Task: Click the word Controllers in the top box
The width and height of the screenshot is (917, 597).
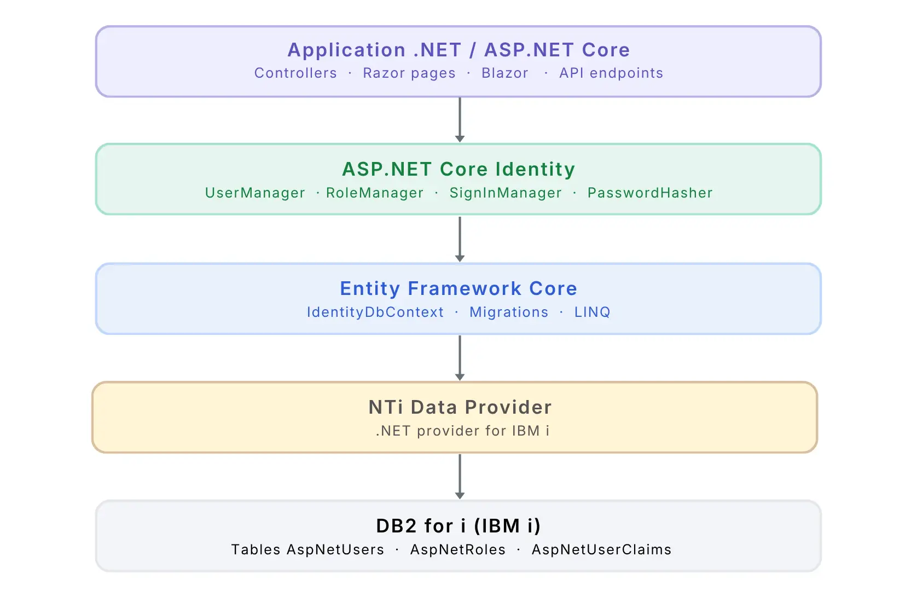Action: [295, 73]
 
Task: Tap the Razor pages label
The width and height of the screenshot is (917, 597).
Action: [409, 73]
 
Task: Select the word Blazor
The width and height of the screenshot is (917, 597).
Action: [504, 73]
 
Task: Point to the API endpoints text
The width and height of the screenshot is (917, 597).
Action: [611, 73]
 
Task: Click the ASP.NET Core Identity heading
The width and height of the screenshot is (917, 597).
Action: [458, 169]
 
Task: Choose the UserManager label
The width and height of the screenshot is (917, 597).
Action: [255, 193]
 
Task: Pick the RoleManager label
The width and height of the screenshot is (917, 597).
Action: [375, 193]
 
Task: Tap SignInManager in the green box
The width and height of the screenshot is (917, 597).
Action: [506, 193]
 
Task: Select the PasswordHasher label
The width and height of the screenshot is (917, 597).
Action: [650, 193]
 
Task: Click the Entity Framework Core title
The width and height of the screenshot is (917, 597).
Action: [458, 288]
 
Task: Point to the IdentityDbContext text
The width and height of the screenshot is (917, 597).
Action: [375, 312]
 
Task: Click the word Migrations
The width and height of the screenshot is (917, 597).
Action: [509, 312]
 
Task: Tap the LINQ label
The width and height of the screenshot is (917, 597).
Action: [592, 312]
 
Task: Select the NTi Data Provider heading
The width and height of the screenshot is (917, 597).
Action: [460, 407]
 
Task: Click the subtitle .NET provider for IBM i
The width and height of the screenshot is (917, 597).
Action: [462, 431]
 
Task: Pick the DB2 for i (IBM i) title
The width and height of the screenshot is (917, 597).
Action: [458, 526]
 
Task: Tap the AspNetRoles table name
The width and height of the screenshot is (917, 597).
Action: [458, 549]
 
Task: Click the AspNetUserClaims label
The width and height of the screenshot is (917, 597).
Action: [601, 549]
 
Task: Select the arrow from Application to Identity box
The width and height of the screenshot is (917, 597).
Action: [460, 120]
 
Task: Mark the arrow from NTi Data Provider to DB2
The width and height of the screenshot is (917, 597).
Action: [460, 476]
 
